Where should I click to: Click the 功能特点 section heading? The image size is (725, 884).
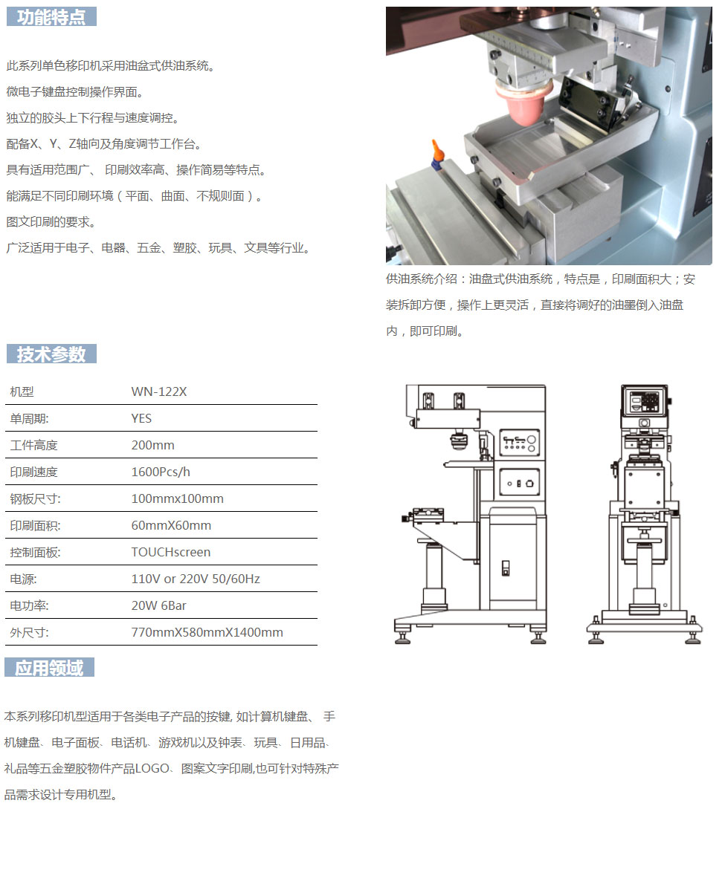[x=51, y=17]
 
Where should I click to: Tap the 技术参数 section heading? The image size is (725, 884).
[x=51, y=354]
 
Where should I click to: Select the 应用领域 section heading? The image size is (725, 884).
[x=50, y=668]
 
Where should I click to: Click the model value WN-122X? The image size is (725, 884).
[x=159, y=391]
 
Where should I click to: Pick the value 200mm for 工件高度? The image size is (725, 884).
[x=153, y=446]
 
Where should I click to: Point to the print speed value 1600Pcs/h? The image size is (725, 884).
[x=161, y=472]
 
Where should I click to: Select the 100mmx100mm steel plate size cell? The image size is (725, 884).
[x=177, y=499]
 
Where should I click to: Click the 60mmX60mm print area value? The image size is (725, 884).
[x=171, y=525]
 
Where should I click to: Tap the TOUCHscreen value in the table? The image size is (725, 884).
[x=171, y=553]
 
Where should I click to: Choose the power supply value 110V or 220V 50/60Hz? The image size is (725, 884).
[x=196, y=579]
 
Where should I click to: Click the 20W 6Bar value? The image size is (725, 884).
[x=158, y=606]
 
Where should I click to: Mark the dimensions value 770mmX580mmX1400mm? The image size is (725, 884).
[x=207, y=633]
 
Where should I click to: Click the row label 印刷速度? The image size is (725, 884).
[x=34, y=472]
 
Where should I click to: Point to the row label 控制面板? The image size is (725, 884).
[x=35, y=553]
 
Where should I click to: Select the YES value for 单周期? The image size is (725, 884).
[x=141, y=418]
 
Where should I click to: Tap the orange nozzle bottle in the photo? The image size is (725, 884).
[x=436, y=155]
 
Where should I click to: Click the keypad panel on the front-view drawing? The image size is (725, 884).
[x=644, y=401]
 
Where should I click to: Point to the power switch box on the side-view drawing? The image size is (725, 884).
[x=520, y=483]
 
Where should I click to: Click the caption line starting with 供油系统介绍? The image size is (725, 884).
[x=541, y=279]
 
